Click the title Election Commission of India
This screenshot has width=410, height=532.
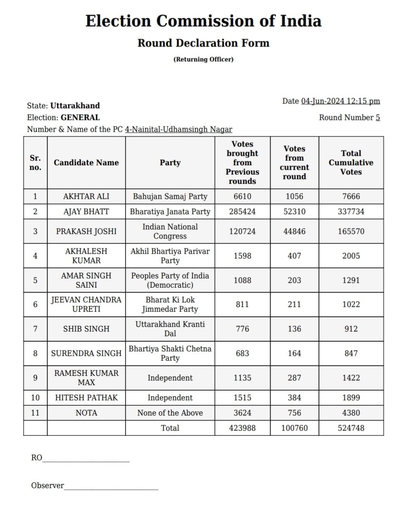[203, 21]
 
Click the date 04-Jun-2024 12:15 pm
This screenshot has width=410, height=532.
[340, 101]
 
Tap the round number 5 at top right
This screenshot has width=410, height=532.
[377, 118]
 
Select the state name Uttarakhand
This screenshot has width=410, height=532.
[75, 105]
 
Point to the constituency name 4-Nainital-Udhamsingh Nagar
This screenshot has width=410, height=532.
[179, 130]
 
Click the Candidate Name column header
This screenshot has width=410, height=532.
[86, 163]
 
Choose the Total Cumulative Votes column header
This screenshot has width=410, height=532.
[351, 163]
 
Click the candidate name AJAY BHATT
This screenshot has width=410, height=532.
[86, 212]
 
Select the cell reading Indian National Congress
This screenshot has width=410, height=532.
[170, 231]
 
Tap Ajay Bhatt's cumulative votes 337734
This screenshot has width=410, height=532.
[351, 212]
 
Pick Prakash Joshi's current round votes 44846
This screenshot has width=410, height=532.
[294, 231]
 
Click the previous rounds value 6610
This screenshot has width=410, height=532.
[242, 197]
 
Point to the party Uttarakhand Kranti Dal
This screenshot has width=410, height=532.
[170, 329]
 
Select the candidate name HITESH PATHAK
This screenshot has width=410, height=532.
[86, 398]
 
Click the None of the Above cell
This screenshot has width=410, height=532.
[170, 413]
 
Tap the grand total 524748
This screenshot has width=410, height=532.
[351, 428]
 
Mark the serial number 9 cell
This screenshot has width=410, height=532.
[35, 378]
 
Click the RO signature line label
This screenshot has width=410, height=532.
[37, 458]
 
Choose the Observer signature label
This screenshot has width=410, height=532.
[48, 486]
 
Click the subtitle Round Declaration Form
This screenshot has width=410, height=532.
[203, 43]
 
